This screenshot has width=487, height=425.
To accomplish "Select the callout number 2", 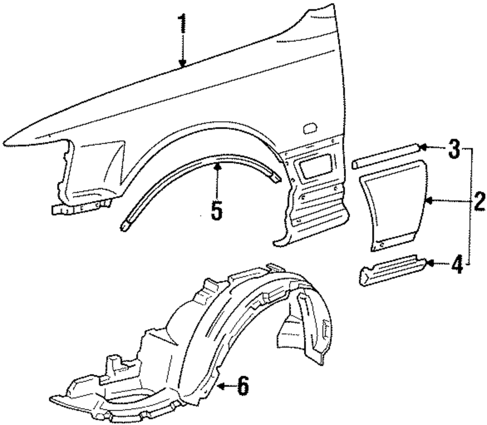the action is pos(479,201).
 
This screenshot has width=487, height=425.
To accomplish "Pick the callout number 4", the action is pos(456,266).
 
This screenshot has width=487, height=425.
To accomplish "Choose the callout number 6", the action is pos(242,387).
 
